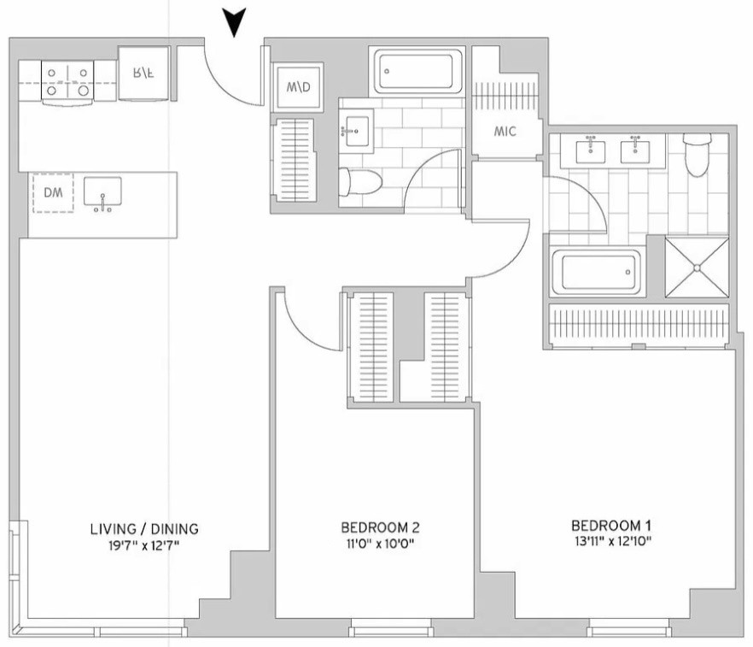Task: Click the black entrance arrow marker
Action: pos(236,21)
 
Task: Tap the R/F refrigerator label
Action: pos(143,73)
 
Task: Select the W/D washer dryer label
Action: pos(298,87)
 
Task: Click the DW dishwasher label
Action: pos(53,193)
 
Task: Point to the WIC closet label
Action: pos(505,132)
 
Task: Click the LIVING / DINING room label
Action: pos(144,529)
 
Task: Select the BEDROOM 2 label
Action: pos(381,527)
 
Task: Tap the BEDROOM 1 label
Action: pos(611,525)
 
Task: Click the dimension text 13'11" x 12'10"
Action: pos(613,542)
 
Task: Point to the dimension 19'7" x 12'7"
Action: pos(144,545)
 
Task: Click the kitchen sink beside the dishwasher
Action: pos(102,193)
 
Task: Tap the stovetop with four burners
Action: pos(67,82)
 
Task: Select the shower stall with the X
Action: pos(697,267)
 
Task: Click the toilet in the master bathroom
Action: pos(697,155)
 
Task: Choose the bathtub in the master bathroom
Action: pos(596,272)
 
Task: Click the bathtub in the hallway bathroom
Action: pos(417,71)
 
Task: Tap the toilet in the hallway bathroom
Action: pos(359,183)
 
